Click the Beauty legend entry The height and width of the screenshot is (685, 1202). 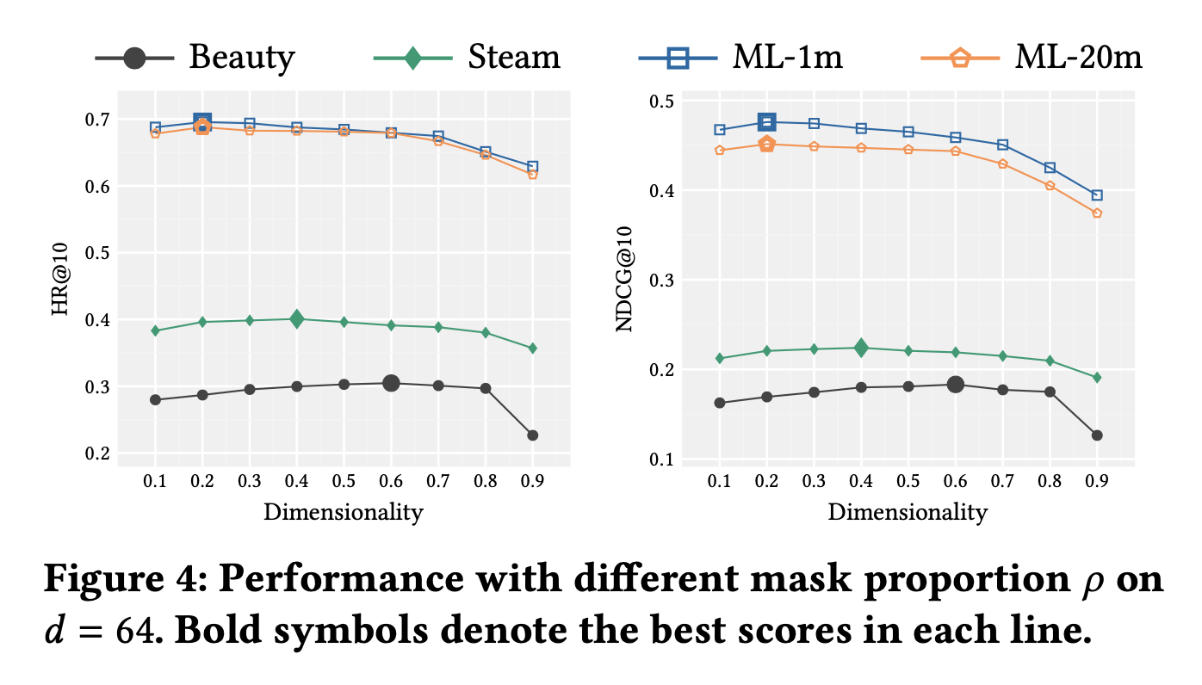195,59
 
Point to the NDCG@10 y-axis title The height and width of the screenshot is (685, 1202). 626,281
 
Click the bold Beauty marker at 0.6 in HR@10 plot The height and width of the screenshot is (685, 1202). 391,383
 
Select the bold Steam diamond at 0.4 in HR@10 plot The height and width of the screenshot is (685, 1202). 297,319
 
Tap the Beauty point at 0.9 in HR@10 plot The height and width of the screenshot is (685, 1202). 532,435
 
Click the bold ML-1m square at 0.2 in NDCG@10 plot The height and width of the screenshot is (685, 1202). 766,122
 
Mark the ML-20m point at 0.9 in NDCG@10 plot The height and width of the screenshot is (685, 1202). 1097,213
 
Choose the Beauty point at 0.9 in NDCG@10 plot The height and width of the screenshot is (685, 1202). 1097,435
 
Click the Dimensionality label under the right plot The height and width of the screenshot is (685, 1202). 908,513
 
